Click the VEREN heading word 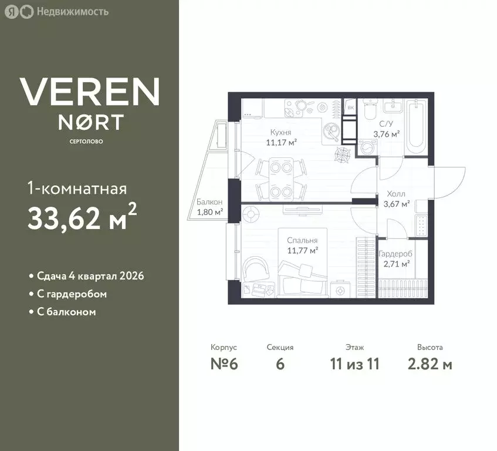tap(90, 92)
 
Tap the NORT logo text tap(91, 122)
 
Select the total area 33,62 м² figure tap(82, 218)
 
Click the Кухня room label tap(280, 132)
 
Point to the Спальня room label tap(302, 240)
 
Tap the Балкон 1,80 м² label tap(209, 207)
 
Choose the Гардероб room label tap(395, 254)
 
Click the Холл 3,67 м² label tap(396, 199)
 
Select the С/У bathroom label tap(386, 124)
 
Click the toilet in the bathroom tap(370, 109)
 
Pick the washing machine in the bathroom tap(368, 147)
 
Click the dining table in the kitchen tap(281, 179)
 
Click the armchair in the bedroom tap(255, 268)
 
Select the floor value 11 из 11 tap(354, 364)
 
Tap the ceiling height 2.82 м tap(430, 364)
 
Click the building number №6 tap(224, 364)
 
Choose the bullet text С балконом tap(66, 312)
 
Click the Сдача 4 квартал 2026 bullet tap(90, 276)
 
